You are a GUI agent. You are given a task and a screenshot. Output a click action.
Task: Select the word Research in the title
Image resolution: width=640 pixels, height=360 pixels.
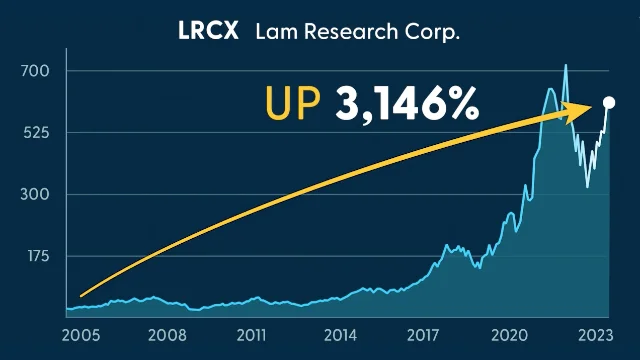click(x=346, y=33)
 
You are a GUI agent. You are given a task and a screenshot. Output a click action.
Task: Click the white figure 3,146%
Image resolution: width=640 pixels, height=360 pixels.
click(x=406, y=104)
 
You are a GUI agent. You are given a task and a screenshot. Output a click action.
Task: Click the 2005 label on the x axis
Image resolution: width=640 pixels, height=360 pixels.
click(x=80, y=335)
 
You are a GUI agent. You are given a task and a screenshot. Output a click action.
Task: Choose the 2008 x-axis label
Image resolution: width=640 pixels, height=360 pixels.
click(x=166, y=335)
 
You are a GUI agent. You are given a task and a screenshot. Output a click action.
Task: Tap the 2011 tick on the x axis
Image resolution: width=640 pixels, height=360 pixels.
click(x=252, y=335)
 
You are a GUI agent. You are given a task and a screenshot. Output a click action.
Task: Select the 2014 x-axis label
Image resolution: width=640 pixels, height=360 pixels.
click(x=338, y=335)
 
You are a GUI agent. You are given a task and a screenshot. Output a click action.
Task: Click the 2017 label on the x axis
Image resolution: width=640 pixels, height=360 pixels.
click(x=424, y=335)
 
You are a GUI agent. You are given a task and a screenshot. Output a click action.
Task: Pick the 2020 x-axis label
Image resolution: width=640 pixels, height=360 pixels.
click(x=510, y=335)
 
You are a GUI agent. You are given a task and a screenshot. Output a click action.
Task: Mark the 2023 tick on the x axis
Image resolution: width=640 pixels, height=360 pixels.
click(x=594, y=335)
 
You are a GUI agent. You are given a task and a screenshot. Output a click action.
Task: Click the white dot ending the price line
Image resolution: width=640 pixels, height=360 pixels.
click(x=609, y=103)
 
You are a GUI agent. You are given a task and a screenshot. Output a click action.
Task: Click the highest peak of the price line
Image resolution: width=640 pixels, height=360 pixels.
click(x=566, y=66)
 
